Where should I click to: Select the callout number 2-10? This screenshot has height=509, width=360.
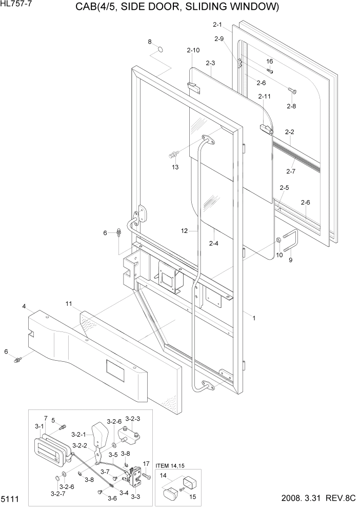pyautogui.click(x=193, y=50)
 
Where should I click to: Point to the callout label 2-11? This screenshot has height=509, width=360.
pyautogui.click(x=265, y=96)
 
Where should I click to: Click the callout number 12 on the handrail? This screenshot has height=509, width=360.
pyautogui.click(x=185, y=231)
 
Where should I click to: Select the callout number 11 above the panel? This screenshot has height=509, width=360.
pyautogui.click(x=68, y=304)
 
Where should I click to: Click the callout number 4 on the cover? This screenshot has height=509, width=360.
pyautogui.click(x=24, y=307)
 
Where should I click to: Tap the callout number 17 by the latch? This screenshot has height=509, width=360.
pyautogui.click(x=146, y=464)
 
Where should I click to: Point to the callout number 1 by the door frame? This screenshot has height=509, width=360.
pyautogui.click(x=253, y=318)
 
